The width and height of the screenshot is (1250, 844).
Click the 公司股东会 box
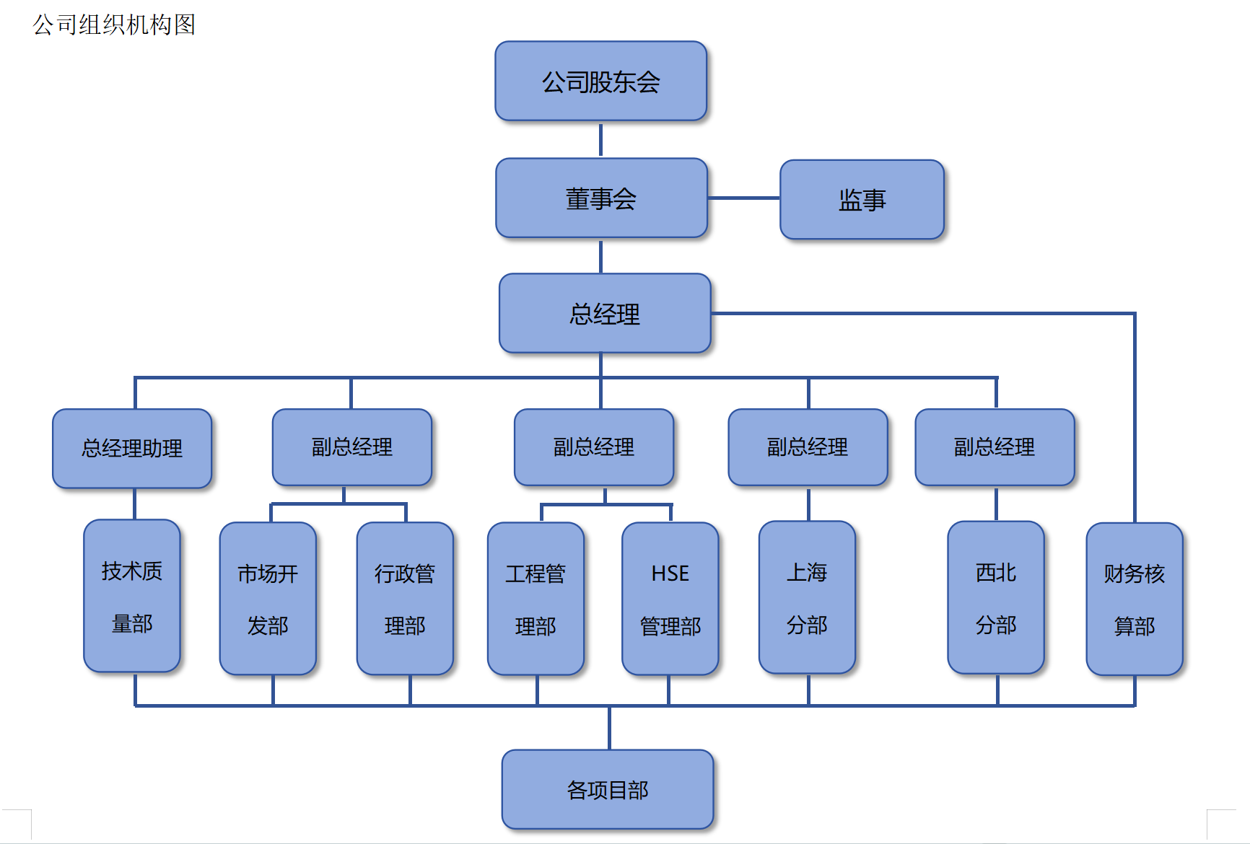tap(600, 81)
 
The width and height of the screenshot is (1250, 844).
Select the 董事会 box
tap(601, 198)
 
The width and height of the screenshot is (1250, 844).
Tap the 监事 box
tap(862, 199)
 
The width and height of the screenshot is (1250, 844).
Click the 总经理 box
tap(605, 313)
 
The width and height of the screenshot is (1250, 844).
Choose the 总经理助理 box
tap(132, 448)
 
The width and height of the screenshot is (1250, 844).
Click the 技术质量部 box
tap(132, 596)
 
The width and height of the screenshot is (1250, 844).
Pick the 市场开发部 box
tap(268, 598)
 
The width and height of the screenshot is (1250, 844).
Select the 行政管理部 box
tap(405, 598)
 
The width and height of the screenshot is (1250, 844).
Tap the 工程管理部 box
tap(536, 598)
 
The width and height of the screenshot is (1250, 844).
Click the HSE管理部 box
tap(670, 598)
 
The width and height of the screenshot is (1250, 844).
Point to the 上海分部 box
tap(807, 597)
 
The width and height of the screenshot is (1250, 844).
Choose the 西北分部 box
tap(996, 597)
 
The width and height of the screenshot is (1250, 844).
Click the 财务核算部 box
tap(1134, 599)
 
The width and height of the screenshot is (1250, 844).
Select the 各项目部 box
tap(608, 789)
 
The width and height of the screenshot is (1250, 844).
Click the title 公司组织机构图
tap(114, 25)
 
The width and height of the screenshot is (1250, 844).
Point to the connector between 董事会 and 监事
tap(743, 198)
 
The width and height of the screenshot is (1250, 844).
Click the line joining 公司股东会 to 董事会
tap(600, 139)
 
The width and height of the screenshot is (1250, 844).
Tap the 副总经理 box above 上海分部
tap(808, 447)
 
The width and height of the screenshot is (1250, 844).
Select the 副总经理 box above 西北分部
tap(995, 447)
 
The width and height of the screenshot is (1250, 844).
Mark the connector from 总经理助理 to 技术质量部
tap(135, 504)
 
